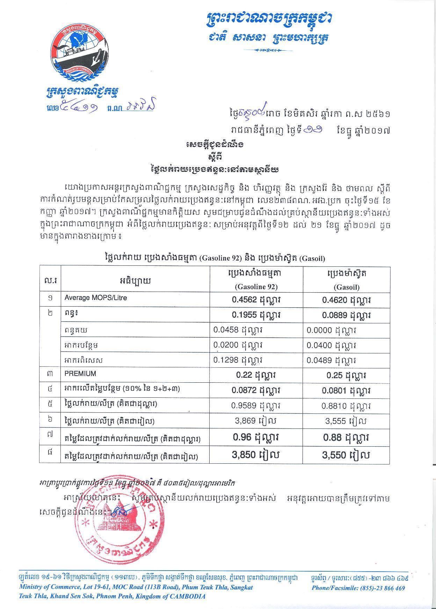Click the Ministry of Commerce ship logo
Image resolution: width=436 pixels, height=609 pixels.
(81, 54)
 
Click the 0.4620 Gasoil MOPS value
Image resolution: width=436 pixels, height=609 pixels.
(346, 300)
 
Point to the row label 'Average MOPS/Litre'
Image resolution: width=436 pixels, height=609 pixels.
(95, 298)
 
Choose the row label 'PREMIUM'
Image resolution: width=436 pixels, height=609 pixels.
(80, 374)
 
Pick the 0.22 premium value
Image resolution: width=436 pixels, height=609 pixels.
(256, 375)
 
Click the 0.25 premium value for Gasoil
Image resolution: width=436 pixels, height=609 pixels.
(346, 375)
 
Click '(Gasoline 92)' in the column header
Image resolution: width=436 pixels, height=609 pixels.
(256, 287)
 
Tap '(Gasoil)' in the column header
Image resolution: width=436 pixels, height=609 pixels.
(346, 287)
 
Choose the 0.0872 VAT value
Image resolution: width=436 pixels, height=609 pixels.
(256, 390)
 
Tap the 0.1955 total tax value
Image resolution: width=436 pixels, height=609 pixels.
(256, 315)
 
